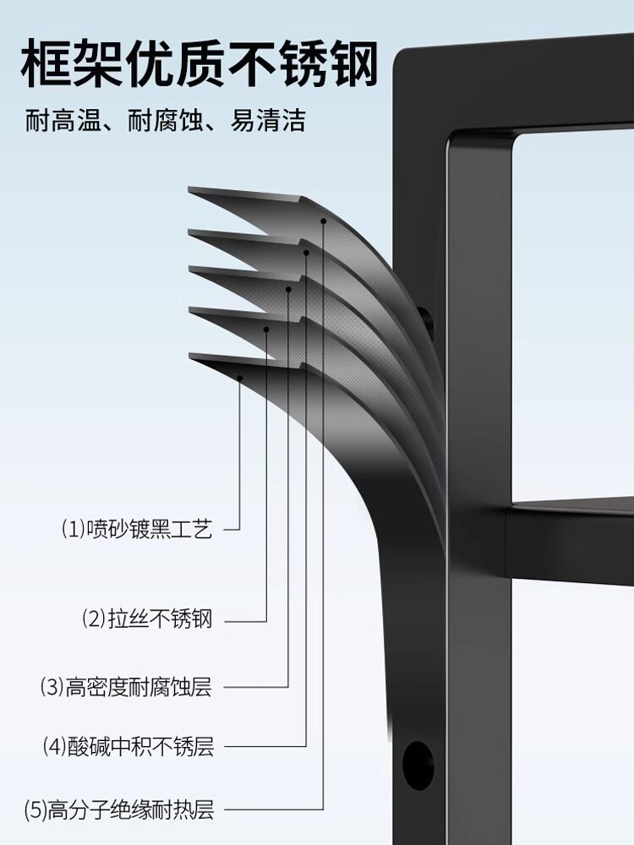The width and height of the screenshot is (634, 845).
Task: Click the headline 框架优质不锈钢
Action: pos(199,63)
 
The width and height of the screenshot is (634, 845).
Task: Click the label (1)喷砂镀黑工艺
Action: pos(136,530)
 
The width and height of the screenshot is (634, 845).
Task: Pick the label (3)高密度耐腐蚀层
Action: pos(126,686)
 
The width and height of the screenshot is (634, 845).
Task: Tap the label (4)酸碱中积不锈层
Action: pos(128,747)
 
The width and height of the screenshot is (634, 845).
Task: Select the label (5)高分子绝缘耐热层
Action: pos(118,812)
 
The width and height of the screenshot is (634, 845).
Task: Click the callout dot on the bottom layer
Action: pos(241,378)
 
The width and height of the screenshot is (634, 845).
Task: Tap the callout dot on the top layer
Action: pos(323,221)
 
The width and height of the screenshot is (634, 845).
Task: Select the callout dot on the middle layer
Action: pos(288,289)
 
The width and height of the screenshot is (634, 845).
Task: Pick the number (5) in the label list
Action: pos(36,812)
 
